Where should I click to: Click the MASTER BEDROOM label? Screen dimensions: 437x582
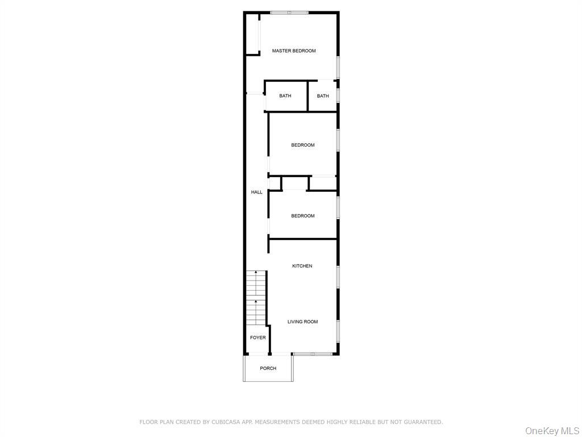pos(294,51)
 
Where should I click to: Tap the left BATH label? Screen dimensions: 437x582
pos(285,96)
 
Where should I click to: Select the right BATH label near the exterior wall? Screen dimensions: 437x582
pos(323,96)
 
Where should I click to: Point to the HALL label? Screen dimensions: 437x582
pos(257,192)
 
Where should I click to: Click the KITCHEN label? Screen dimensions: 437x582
pos(302,266)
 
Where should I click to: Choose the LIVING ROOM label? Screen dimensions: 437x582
pos(302,322)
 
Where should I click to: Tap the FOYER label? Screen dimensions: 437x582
pos(258,338)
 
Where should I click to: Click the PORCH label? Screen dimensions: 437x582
pos(268,369)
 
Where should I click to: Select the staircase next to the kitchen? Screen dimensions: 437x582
pos(256,298)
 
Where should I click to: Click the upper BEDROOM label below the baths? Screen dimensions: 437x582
pos(303,145)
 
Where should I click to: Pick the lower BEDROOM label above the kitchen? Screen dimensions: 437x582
pos(303,216)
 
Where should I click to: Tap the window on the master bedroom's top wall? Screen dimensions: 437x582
pos(289,13)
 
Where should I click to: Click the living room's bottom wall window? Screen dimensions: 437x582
pos(313,354)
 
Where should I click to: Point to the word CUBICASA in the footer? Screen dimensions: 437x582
pos(228,422)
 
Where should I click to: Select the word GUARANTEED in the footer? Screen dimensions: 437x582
pos(422,422)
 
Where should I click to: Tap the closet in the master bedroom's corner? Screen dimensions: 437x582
pos(252,34)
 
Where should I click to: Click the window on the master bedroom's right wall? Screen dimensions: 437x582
pos(338,67)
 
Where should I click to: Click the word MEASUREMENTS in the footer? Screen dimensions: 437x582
pos(281,422)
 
